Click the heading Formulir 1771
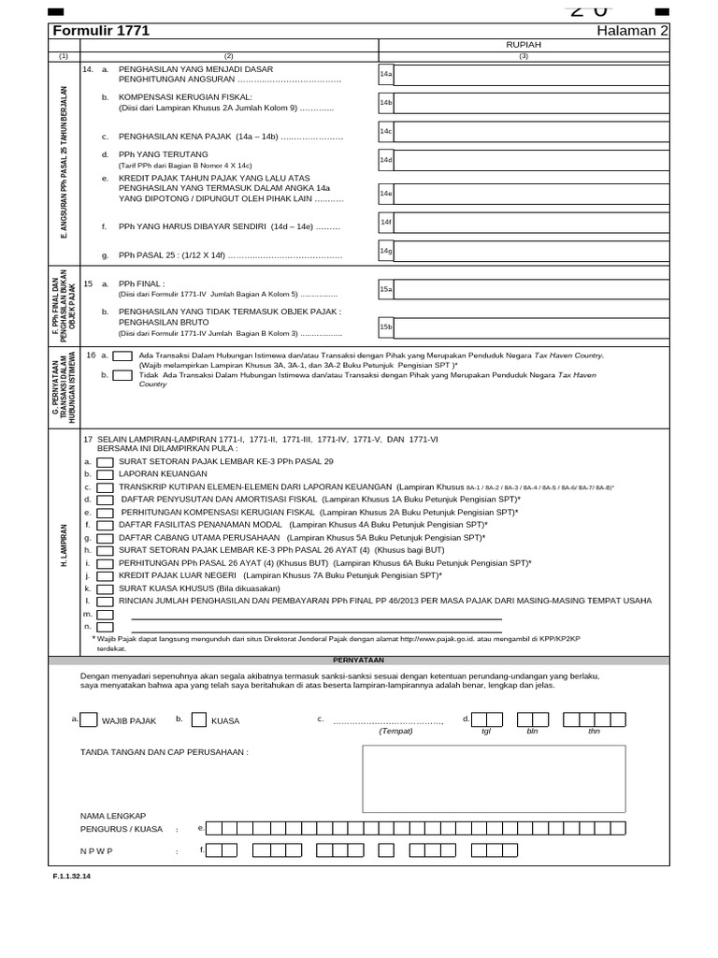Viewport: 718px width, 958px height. tap(101, 31)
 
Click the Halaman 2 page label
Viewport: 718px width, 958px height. tap(633, 31)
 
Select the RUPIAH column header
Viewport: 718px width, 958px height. tap(524, 44)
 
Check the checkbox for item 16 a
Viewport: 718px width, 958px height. tap(122, 356)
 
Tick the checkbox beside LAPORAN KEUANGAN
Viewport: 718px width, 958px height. tap(106, 474)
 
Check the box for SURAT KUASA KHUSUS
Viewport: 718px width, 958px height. tap(106, 588)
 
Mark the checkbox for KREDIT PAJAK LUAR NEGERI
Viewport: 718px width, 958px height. tap(106, 576)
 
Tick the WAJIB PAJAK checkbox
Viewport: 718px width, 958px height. tap(88, 720)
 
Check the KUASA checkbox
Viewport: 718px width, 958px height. tap(199, 720)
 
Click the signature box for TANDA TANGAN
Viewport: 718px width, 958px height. tap(494, 778)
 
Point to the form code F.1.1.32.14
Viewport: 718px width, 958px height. tap(72, 877)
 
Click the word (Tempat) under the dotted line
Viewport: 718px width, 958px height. tap(395, 731)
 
